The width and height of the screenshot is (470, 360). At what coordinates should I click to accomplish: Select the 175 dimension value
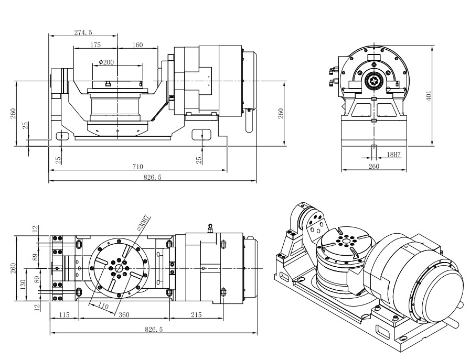click(x=95, y=46)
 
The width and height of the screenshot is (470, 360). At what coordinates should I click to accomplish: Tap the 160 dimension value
click(x=137, y=46)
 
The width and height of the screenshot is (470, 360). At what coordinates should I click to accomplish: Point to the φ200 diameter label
click(x=106, y=62)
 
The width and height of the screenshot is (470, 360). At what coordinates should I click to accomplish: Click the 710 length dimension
click(x=137, y=167)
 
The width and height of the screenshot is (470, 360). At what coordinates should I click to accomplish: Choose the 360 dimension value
click(x=124, y=316)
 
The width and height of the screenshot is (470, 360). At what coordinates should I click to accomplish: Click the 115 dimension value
click(x=63, y=316)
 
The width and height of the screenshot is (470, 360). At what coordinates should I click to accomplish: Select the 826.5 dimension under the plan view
click(x=153, y=330)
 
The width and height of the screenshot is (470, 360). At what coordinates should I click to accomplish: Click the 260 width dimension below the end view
click(x=373, y=167)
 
